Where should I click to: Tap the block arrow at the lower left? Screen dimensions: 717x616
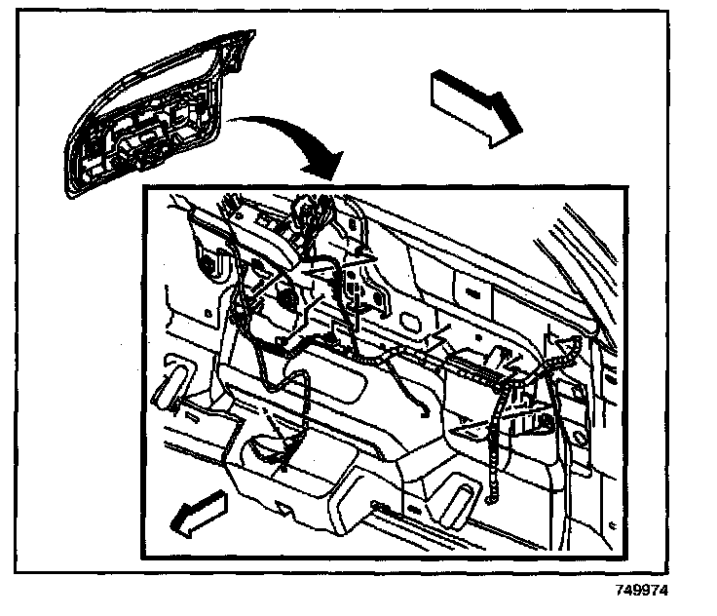(x=199, y=514)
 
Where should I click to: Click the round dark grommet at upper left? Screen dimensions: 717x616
(x=207, y=264)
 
